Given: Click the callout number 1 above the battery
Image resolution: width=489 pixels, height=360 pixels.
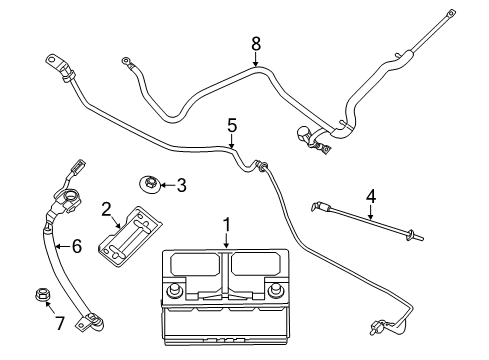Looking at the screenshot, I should (227, 225).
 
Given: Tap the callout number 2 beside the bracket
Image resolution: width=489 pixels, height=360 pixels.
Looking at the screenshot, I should (106, 209).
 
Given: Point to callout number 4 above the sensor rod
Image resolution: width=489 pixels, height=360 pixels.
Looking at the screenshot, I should (371, 196).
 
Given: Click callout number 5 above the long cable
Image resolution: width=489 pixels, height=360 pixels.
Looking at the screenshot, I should (232, 126).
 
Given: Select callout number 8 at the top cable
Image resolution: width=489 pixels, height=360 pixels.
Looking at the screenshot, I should (255, 43).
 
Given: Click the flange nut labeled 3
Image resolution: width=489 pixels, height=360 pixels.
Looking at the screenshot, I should (148, 183).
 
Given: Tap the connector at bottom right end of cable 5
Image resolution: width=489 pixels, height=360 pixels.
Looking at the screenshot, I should (377, 325).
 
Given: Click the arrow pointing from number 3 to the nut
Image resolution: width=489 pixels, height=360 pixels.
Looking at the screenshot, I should (166, 185).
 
